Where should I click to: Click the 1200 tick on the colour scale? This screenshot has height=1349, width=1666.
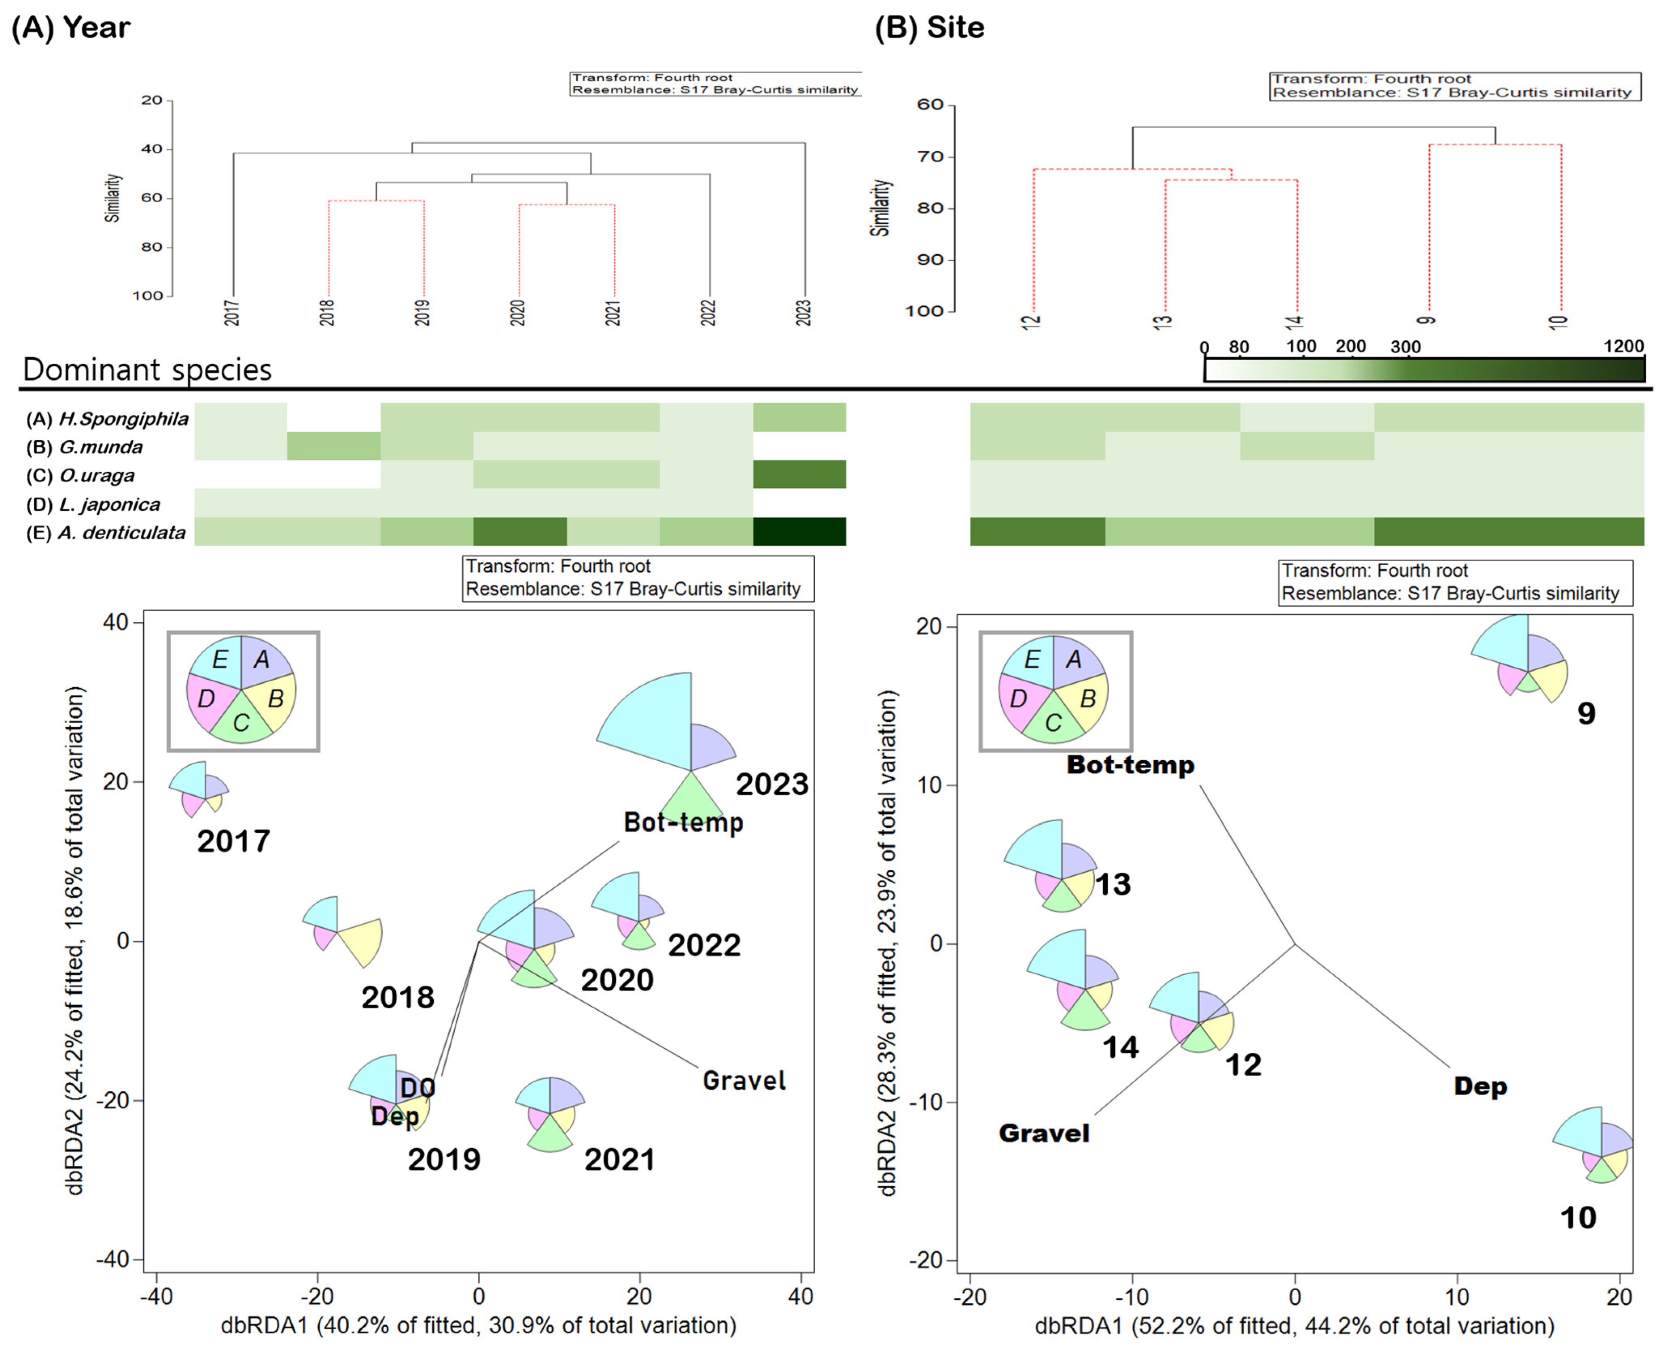1622,347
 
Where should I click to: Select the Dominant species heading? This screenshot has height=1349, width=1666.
148,369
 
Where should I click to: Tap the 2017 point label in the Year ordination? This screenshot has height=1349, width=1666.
233,841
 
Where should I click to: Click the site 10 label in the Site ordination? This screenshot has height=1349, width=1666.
1578,1217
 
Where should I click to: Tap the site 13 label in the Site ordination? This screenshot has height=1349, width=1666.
1113,884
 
